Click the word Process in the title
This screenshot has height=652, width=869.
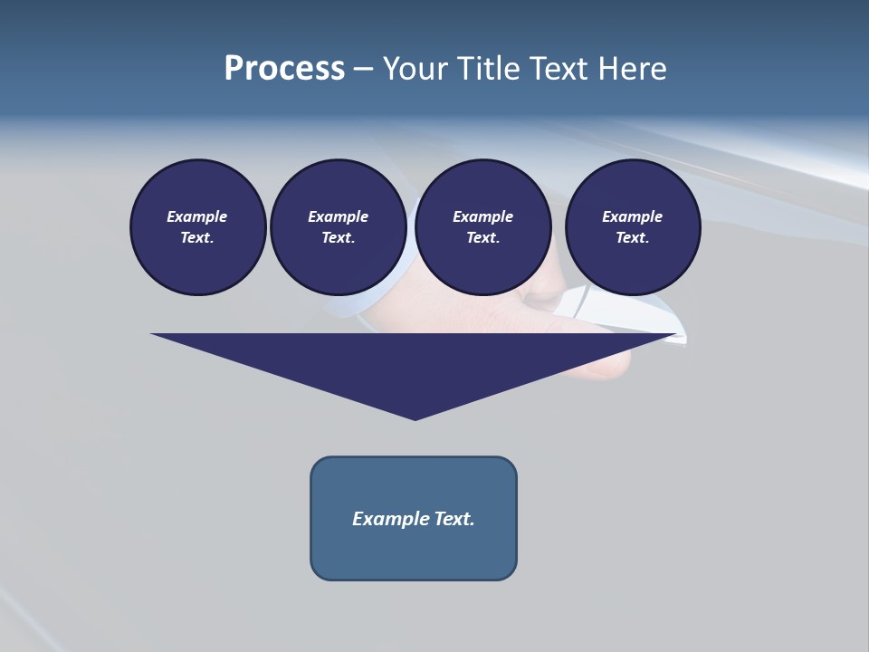284,69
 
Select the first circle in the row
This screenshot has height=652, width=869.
198,226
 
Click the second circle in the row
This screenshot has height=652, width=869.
339,226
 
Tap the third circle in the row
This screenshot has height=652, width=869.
483,226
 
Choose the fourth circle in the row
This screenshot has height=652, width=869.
633,226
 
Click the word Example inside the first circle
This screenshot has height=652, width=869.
197,216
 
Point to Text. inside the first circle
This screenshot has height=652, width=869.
197,238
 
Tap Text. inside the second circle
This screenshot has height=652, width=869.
339,238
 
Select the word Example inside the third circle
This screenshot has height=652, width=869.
483,216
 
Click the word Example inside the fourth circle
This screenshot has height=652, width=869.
633,216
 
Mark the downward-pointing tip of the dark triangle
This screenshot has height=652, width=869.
415,417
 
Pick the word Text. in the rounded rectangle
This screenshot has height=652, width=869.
454,519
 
